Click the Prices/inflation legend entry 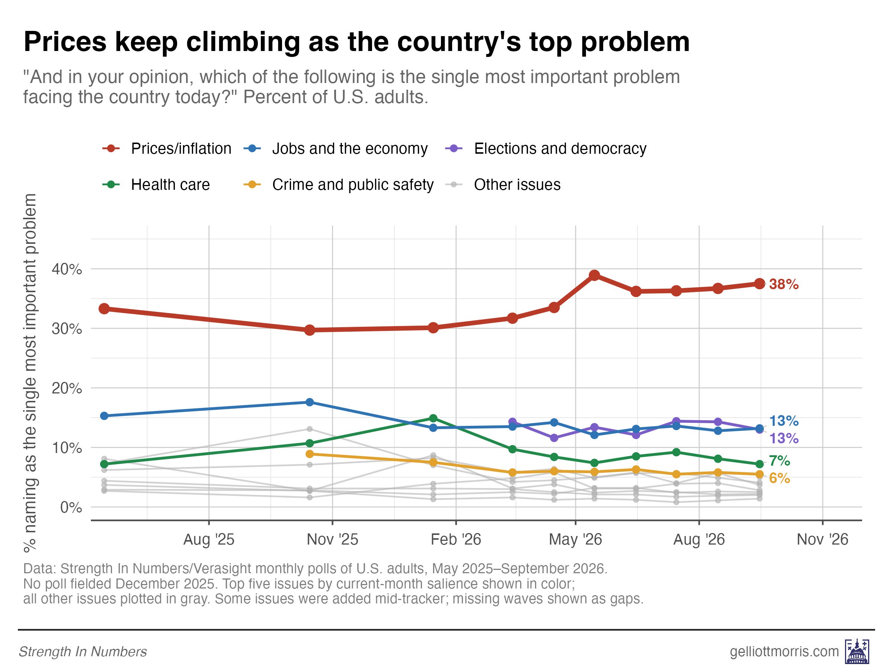[x=167, y=149]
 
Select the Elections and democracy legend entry [x=545, y=149]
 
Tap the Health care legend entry [x=156, y=185]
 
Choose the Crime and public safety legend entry [x=338, y=185]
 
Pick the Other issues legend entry [x=503, y=185]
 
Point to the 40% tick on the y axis [x=67, y=269]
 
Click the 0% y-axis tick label [x=71, y=507]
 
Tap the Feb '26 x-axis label [x=456, y=540]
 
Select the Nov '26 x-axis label [x=822, y=540]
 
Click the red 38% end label [x=784, y=284]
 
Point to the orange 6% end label [x=779, y=479]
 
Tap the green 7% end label [x=779, y=461]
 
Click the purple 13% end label [x=784, y=438]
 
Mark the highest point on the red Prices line [x=594, y=275]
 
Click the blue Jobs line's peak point [x=310, y=402]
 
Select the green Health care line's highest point [x=433, y=418]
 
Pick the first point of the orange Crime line [x=310, y=454]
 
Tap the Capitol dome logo [x=857, y=651]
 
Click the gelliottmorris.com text [x=784, y=652]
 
